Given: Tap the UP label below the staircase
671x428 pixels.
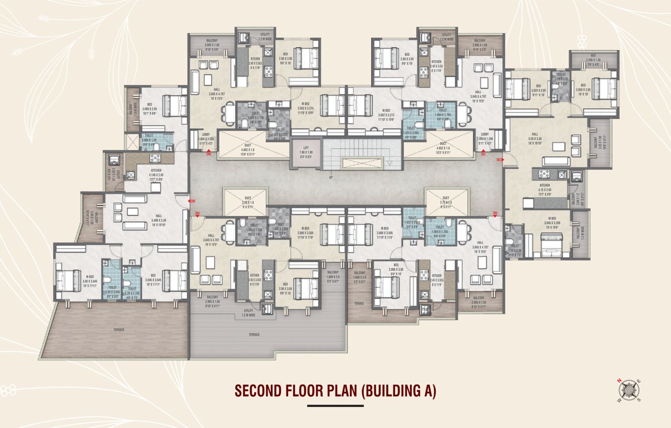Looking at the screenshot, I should (x=331, y=177).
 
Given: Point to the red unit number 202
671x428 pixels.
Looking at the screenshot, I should (x=499, y=159).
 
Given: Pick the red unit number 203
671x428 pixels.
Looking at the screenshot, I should (x=495, y=213).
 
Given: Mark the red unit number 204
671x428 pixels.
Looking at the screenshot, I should (x=197, y=213).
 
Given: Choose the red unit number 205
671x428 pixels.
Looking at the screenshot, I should (x=192, y=201).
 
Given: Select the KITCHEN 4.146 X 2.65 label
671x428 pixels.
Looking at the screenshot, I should (x=155, y=176).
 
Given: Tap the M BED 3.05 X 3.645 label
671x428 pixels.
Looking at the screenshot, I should (x=90, y=280).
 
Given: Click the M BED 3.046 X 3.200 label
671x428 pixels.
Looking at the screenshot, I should (x=552, y=222).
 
